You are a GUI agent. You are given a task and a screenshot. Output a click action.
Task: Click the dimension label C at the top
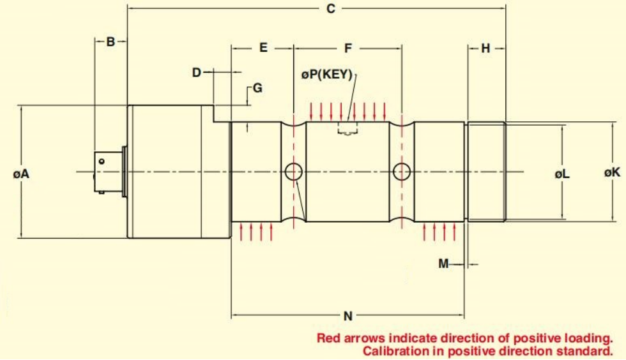coord(331,8)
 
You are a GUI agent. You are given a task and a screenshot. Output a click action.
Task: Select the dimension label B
coord(111,41)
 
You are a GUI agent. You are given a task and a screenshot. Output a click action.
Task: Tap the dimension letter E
coord(263,47)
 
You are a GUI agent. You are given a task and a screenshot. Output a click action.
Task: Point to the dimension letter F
coord(348,49)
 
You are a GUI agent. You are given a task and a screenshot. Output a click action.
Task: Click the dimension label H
coord(485,49)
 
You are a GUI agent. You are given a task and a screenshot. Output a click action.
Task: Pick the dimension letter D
coord(197,73)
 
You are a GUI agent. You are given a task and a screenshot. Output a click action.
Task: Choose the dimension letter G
coord(258,88)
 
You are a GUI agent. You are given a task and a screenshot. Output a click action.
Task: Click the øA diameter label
coord(21,174)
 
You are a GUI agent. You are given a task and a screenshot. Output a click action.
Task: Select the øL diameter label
coord(562,174)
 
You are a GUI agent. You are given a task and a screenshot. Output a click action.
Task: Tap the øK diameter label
coord(612,172)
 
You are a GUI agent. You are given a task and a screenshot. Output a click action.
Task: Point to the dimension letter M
coord(443,264)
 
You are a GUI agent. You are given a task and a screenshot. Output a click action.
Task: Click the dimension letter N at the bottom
coord(348,316)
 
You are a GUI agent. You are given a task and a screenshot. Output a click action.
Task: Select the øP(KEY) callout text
coord(327,74)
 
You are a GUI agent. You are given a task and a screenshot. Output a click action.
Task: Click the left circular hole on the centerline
coord(293,172)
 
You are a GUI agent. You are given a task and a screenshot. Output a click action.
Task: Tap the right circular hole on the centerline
coord(402,172)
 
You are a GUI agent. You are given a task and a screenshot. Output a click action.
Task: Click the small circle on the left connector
coord(102,161)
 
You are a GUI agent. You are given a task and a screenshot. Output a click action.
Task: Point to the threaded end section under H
coord(486,172)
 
